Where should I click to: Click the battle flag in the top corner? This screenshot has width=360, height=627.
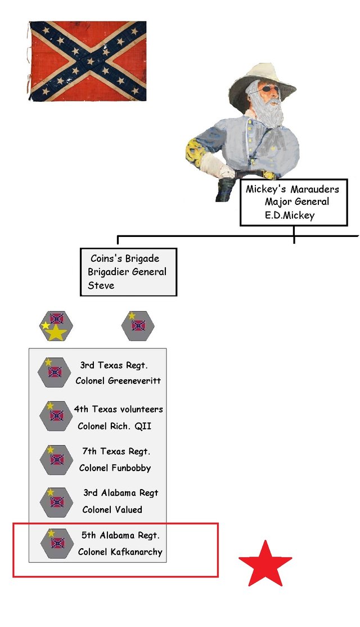click(x=88, y=61)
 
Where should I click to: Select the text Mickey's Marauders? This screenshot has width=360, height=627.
click(x=292, y=189)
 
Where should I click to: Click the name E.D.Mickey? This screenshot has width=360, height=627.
click(x=290, y=216)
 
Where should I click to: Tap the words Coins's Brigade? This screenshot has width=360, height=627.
click(x=125, y=258)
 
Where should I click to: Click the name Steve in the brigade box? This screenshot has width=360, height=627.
click(x=101, y=285)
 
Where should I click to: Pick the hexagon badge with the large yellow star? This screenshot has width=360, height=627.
click(x=56, y=326)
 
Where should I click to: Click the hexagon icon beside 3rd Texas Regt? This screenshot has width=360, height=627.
click(x=55, y=372)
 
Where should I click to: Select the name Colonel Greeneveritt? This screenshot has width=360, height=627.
click(x=118, y=380)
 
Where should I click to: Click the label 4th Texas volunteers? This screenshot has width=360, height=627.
click(x=118, y=409)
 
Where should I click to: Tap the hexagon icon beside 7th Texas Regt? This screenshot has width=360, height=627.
click(x=56, y=460)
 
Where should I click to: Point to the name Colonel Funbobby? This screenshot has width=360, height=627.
click(x=115, y=468)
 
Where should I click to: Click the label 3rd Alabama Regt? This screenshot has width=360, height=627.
click(x=121, y=493)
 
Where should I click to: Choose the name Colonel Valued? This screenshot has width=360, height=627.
click(x=112, y=509)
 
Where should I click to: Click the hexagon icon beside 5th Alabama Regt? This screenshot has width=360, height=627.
click(x=57, y=543)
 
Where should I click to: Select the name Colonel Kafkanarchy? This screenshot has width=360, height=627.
click(x=120, y=552)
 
